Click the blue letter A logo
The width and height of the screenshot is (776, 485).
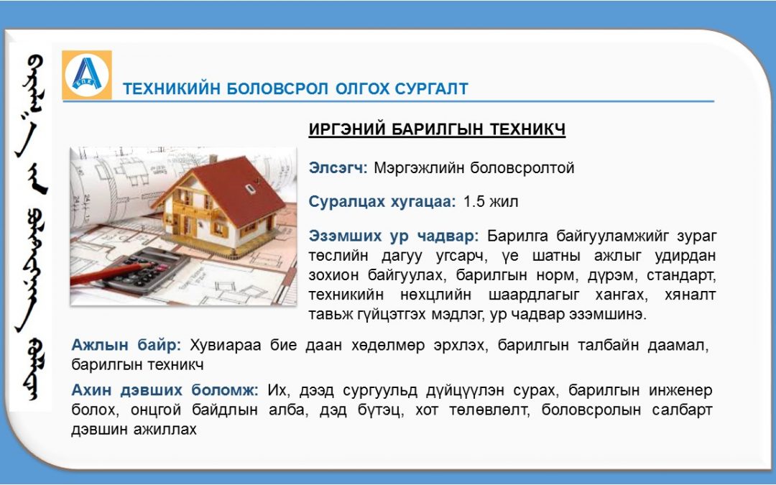pyautogui.click(x=87, y=75)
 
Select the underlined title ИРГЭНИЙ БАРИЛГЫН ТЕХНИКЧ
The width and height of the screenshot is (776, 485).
pyautogui.click(x=437, y=129)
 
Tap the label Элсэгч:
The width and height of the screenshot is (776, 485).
pyautogui.click(x=338, y=167)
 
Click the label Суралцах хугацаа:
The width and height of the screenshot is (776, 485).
pyautogui.click(x=382, y=202)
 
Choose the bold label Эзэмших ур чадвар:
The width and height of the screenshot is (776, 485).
pyautogui.click(x=394, y=236)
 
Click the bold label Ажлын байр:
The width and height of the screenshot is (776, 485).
pyautogui.click(x=126, y=345)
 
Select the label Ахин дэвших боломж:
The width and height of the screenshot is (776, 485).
pyautogui.click(x=165, y=390)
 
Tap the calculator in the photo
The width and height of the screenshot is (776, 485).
pyautogui.click(x=147, y=271)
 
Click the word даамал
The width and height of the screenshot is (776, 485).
pyautogui.click(x=678, y=346)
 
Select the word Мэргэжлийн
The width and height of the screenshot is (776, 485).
pyautogui.click(x=417, y=168)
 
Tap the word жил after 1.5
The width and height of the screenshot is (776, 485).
pyautogui.click(x=504, y=202)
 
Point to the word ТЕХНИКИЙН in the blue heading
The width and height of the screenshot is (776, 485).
pyautogui.click(x=171, y=88)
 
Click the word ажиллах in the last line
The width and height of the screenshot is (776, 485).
pyautogui.click(x=165, y=429)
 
